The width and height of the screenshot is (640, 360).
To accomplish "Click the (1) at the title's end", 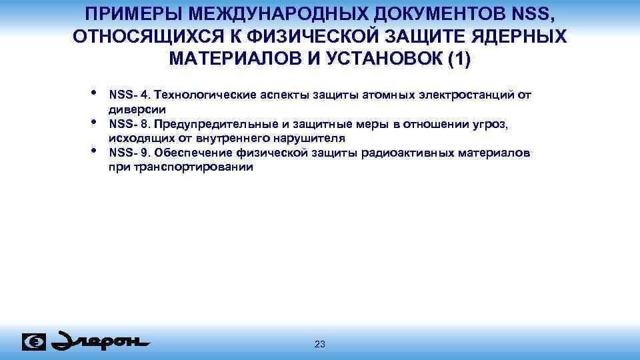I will tap(458, 59).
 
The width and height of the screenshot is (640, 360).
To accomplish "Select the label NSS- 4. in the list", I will tap(129, 95).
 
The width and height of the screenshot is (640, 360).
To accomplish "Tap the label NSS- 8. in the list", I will tap(129, 124).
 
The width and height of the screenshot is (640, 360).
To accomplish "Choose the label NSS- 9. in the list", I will tap(129, 153).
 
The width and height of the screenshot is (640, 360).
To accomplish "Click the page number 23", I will tap(319, 344).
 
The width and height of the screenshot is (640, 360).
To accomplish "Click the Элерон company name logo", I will tap(100, 341).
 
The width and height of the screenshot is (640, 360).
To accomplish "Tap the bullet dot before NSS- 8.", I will tap(94, 121).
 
